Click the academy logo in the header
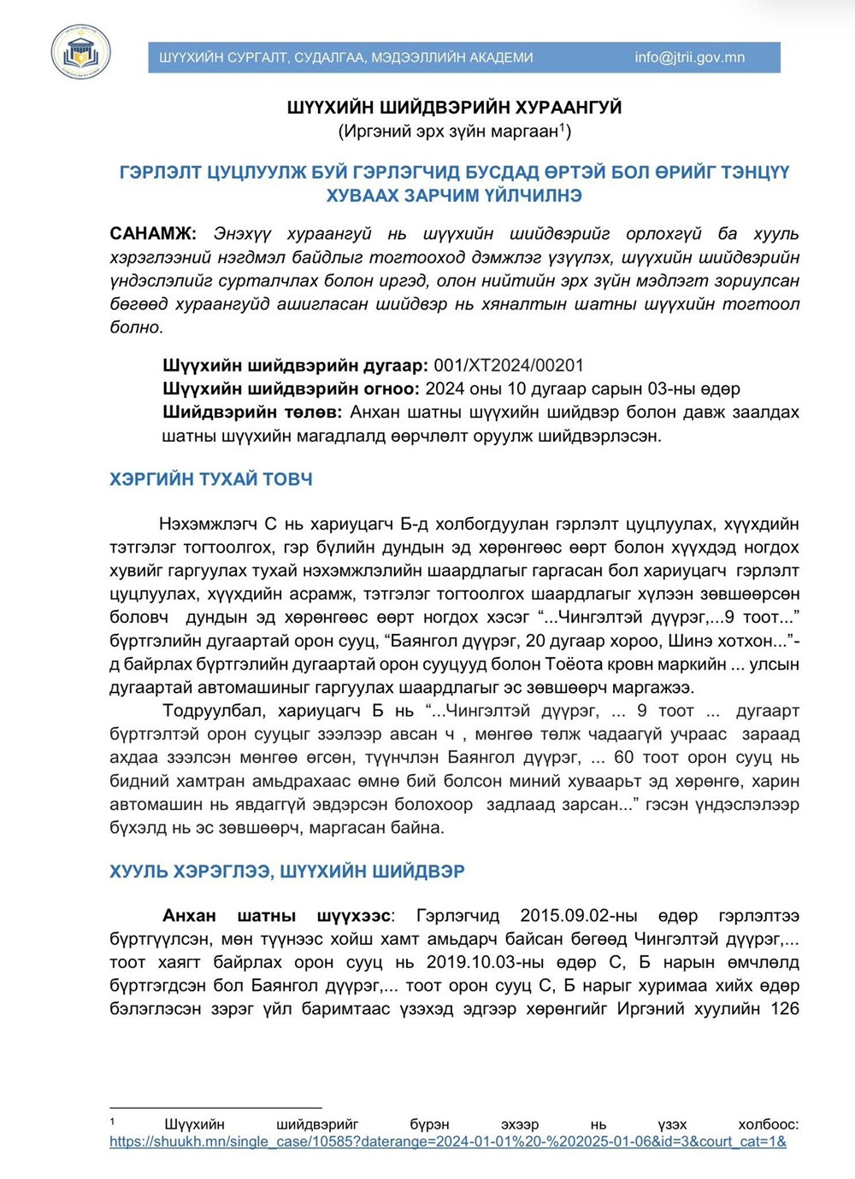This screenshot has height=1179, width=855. point(80,52)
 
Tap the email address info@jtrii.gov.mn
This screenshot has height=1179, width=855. point(689,57)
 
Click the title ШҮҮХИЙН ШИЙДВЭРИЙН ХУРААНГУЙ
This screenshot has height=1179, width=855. point(454,108)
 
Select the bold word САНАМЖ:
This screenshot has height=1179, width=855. point(153,233)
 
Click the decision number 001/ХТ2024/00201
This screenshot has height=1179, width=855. point(509,366)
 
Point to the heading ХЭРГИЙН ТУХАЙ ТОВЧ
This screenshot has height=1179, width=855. point(210,479)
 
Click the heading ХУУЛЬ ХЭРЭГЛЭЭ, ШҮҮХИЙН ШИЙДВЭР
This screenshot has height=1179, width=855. point(286,871)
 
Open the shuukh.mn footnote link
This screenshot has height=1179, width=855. point(447,1141)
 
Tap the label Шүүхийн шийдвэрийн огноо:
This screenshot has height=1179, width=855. point(291,389)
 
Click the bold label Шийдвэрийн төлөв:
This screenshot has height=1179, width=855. point(252,412)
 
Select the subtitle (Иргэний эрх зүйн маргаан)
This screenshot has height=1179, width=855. point(454,131)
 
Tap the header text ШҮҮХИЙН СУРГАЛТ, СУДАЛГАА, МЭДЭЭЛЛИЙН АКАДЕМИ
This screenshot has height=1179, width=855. point(345,57)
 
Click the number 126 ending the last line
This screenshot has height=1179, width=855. point(784,1009)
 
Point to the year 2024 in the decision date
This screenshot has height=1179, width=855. point(445,389)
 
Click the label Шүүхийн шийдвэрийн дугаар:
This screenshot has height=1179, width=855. point(295,366)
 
